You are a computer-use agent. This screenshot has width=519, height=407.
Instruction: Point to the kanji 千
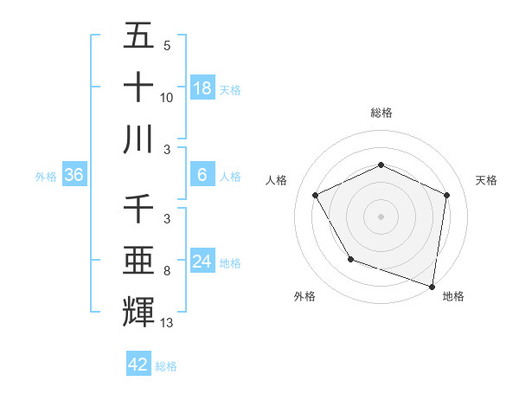138,209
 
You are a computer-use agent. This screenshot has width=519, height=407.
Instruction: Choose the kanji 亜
138,260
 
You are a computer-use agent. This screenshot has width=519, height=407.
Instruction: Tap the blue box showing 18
202,87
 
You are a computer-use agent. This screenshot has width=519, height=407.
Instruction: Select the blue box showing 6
202,175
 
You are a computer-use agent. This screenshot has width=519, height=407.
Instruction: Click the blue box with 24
202,262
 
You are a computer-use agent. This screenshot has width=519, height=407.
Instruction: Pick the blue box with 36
74,175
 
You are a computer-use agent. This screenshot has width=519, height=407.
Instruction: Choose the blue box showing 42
138,365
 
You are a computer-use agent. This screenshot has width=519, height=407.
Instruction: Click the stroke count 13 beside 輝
167,323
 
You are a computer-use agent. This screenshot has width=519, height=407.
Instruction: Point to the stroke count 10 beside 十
167,98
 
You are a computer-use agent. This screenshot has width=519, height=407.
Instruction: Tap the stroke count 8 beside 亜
167,271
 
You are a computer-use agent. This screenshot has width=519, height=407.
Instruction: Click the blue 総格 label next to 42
166,366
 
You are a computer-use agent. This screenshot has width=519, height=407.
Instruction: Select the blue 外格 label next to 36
46,177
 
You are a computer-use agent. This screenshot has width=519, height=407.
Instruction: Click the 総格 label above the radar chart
381,113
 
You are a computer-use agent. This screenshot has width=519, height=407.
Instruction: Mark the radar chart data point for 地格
432,286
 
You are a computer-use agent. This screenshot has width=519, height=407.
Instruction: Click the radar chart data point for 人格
316,195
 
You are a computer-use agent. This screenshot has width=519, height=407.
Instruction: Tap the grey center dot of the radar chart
381,216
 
